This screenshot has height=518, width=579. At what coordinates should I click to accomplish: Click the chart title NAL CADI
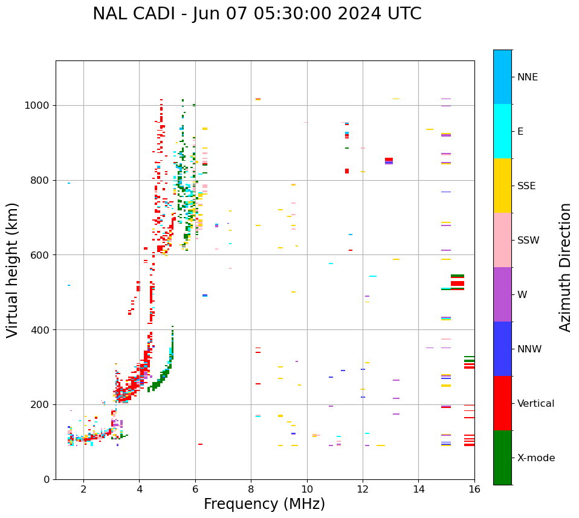[x=257, y=14]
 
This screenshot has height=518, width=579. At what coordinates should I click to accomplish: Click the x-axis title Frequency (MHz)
[x=264, y=504]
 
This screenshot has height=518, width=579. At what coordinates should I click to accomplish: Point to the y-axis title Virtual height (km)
[x=13, y=270]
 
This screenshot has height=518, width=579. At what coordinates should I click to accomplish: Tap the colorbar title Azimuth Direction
[x=565, y=267]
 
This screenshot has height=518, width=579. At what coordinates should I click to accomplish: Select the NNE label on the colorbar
[x=527, y=77]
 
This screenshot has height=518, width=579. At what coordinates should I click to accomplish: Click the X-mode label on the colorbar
[x=535, y=458]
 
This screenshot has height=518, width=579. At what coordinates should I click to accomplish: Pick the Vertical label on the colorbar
[x=535, y=404]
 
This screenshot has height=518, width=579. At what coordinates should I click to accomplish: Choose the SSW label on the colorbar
[x=528, y=241]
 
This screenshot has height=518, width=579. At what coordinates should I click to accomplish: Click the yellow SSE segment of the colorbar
[x=502, y=186]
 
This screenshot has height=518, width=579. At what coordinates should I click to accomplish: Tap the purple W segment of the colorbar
[x=502, y=294]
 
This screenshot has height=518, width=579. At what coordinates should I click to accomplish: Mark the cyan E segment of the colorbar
[x=502, y=131]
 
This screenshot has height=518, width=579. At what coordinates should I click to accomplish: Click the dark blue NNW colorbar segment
[x=502, y=349]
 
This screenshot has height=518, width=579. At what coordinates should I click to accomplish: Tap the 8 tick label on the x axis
[x=251, y=489]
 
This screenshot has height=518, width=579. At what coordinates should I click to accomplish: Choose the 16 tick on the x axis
[x=474, y=489]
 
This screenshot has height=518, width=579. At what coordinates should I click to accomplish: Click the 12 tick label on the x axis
[x=363, y=489]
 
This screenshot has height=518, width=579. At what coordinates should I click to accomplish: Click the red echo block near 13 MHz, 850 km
[x=389, y=160]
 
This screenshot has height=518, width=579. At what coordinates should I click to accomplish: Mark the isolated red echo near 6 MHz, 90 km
[x=200, y=444]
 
